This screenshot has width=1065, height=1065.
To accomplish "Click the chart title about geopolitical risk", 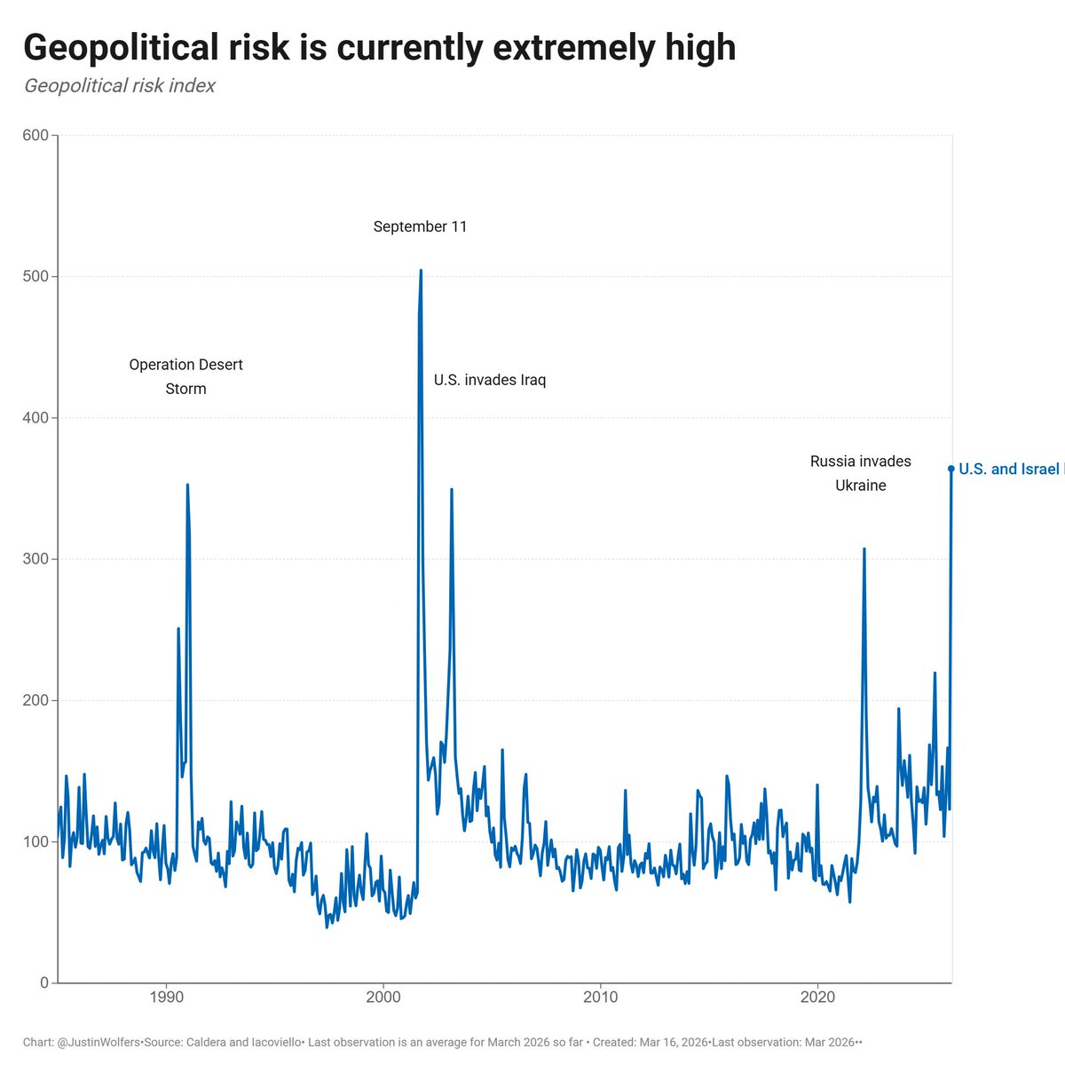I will click(379, 48).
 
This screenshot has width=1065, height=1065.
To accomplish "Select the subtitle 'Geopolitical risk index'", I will click(120, 86).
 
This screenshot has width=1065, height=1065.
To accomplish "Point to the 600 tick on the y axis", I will click(35, 136).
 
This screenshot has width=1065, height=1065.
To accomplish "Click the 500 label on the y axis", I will click(35, 277).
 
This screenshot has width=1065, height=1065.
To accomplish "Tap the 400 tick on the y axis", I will click(35, 418).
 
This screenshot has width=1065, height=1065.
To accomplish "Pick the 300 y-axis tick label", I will click(35, 559).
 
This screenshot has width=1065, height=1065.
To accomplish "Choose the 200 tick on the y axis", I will click(35, 700).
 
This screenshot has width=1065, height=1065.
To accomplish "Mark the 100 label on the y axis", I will click(35, 841).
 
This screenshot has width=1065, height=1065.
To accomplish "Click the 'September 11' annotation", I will click(420, 227).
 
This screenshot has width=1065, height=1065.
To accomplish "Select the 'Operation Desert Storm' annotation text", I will click(185, 376).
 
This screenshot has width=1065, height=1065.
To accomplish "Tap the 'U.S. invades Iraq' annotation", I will click(490, 381).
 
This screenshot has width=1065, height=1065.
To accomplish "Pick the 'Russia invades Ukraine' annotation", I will click(860, 473).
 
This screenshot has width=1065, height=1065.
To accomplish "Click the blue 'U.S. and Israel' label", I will click(1010, 469).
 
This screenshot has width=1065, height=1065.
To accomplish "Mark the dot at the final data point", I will click(951, 469).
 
